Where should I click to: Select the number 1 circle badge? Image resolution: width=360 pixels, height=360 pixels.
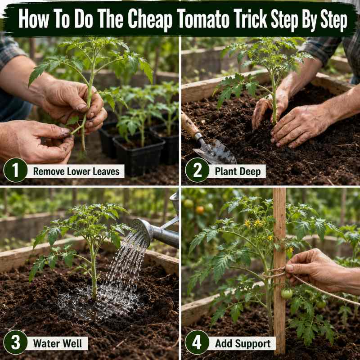click(15, 170)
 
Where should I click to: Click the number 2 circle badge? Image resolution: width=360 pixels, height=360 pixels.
click(197, 170)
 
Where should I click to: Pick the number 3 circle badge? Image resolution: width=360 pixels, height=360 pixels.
click(15, 342)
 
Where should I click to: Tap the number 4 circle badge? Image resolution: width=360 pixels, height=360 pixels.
click(197, 342)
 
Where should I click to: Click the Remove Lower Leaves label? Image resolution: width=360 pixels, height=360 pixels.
click(76, 171)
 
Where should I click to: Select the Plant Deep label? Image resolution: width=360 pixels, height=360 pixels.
click(238, 171)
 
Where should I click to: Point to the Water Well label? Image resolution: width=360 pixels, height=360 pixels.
click(58, 343)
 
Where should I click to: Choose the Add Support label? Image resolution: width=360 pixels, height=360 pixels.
click(243, 343)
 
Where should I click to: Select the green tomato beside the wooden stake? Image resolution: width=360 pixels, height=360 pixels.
click(287, 294)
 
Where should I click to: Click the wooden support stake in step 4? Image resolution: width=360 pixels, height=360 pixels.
click(279, 271)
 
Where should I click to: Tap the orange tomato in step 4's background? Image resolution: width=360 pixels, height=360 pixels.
click(200, 210)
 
